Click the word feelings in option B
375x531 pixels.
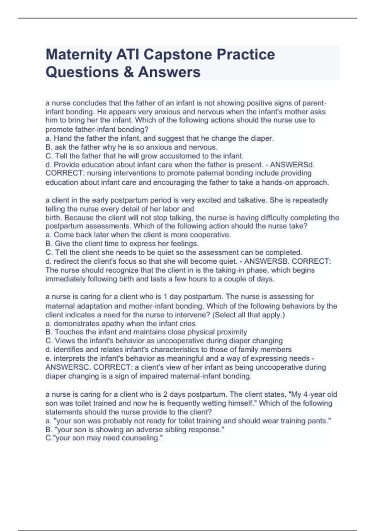click(x=184, y=244)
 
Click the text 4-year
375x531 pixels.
click(x=315, y=394)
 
